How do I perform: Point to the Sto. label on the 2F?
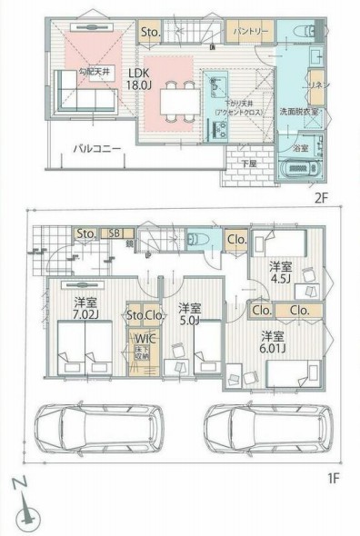[151, 33]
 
